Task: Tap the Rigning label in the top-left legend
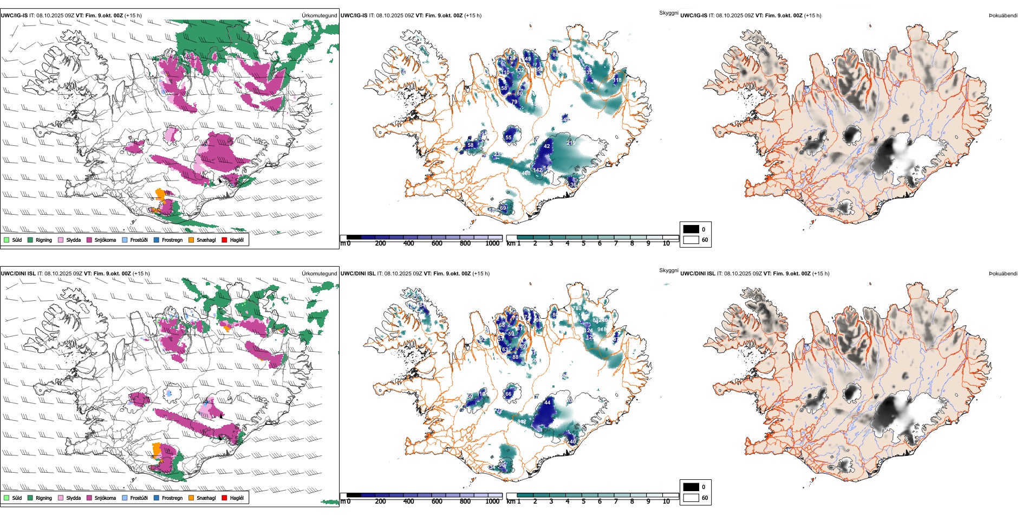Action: point(44,240)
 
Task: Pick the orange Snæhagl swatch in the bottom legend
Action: point(192,498)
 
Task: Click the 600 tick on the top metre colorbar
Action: point(437,243)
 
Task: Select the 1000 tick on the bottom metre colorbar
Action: point(492,501)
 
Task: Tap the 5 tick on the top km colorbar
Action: point(584,243)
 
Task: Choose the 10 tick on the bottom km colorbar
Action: point(666,501)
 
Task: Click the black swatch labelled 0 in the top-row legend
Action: point(691,229)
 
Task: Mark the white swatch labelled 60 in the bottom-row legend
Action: point(691,498)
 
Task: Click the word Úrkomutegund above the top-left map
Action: point(319,16)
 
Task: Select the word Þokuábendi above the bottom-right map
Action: point(1003,274)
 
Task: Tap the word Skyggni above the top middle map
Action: point(668,13)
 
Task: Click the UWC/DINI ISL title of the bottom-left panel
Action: point(18,274)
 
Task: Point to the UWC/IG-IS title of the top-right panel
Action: point(694,16)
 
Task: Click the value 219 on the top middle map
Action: point(571,143)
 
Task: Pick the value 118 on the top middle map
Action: point(617,80)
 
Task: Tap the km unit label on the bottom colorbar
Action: point(510,501)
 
